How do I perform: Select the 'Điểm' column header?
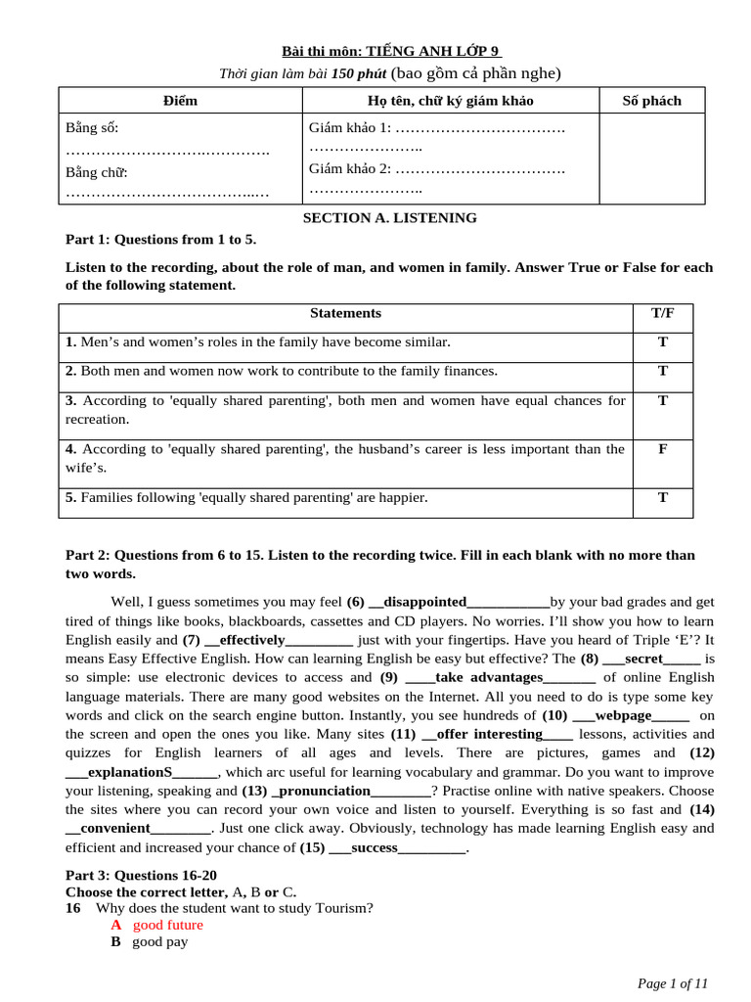180,101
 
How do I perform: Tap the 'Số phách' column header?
651,101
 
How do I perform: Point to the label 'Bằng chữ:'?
97,172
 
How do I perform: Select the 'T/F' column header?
662,313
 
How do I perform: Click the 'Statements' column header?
345,313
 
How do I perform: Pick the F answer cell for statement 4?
662,449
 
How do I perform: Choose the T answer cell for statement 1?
662,342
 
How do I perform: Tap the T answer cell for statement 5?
662,497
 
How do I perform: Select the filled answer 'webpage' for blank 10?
623,715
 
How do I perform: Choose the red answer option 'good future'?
168,925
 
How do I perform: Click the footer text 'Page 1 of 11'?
672,982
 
